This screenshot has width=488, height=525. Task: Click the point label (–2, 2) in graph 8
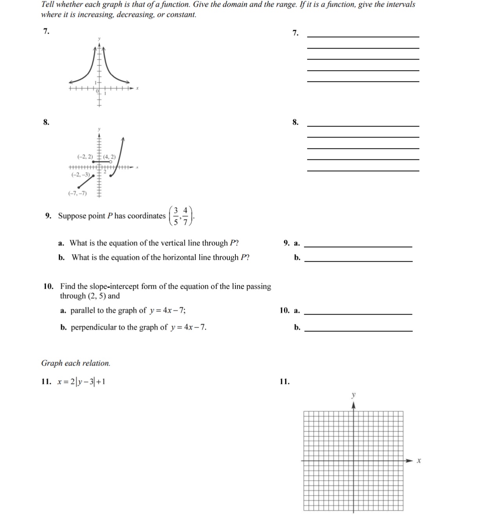85,157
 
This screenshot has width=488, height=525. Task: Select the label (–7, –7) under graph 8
78,193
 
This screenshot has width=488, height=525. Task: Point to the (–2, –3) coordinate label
80,174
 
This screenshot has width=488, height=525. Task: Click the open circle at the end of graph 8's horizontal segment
111,161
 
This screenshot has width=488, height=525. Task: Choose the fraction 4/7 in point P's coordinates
186,216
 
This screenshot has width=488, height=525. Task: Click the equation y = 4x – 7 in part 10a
168,311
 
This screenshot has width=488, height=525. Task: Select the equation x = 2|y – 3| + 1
81,382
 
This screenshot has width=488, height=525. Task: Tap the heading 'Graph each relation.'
76,363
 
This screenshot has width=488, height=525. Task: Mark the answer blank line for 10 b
358,331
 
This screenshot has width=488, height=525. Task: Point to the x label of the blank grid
419,461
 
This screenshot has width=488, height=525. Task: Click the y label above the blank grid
353,395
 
